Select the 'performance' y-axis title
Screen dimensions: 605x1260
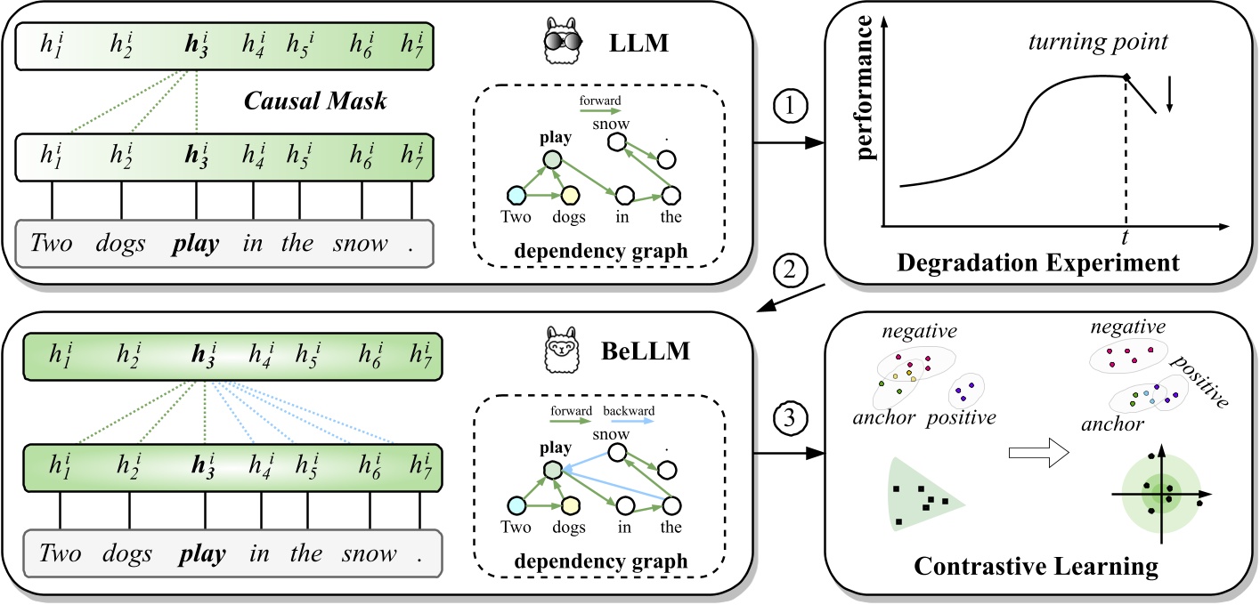tap(863, 117)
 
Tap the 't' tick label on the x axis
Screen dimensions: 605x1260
tap(1126, 238)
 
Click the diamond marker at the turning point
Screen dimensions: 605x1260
tap(1126, 78)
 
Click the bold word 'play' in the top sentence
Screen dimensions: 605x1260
tap(195, 243)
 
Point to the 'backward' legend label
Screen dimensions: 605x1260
tap(629, 411)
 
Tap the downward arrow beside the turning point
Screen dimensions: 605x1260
tap(1171, 93)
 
